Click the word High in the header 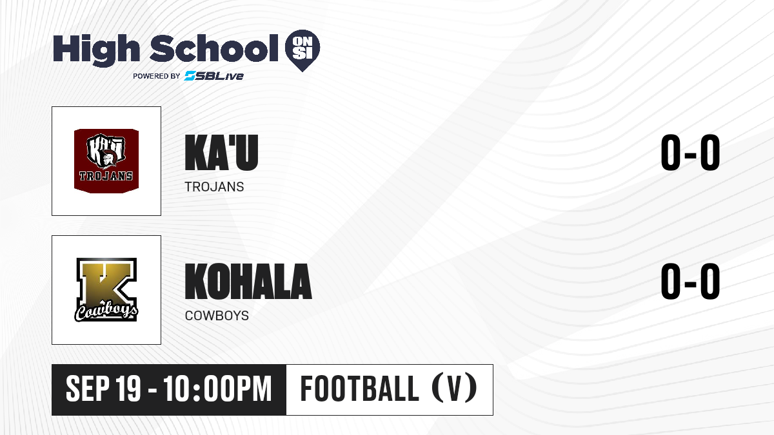(96, 50)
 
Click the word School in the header (214, 48)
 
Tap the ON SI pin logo (303, 50)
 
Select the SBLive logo (214, 76)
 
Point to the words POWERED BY (157, 76)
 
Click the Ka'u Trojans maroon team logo (106, 161)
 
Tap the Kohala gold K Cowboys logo (106, 290)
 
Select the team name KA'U (221, 152)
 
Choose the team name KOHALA (248, 281)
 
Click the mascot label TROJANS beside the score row (214, 187)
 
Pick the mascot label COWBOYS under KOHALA (217, 316)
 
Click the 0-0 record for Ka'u (690, 152)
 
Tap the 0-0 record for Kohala (690, 281)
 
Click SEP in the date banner (88, 389)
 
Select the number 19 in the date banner (128, 389)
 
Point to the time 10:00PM (218, 389)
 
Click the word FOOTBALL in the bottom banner (360, 389)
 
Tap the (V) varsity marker (454, 388)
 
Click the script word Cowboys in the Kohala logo (106, 313)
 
